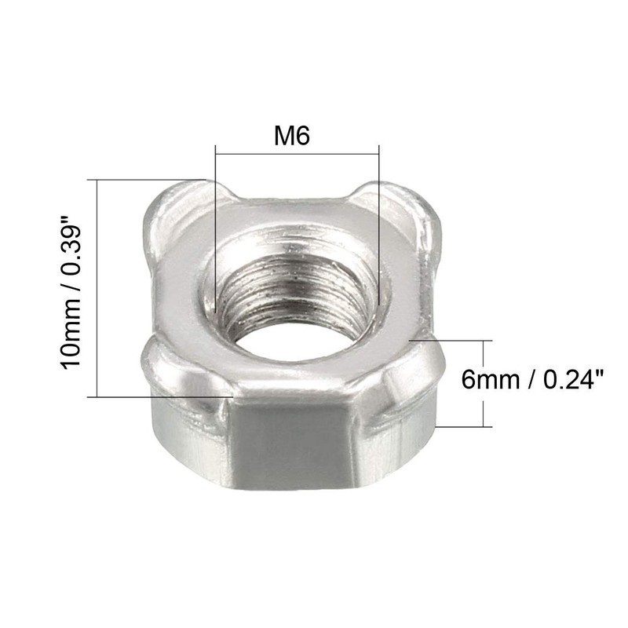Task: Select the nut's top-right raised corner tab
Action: point(408,206)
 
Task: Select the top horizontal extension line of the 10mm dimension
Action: point(149,179)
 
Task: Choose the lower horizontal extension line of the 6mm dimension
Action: point(463,426)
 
